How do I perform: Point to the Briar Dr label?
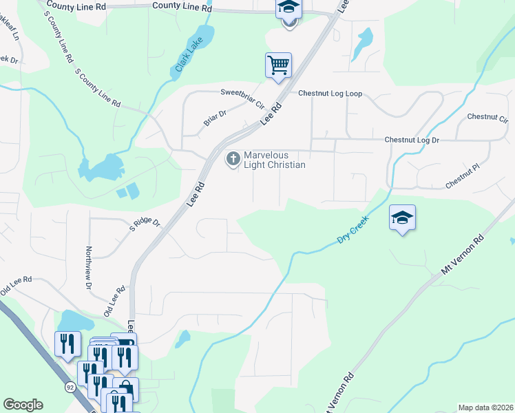pos(215,119)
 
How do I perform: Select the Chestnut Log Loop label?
pos(330,94)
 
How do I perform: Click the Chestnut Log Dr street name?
pos(412,140)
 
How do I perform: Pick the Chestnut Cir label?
pos(487,116)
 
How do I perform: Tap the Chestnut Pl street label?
pos(461,178)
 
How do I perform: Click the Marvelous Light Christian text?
pos(274,160)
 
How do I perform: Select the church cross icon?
pos(233,160)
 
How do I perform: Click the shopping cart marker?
pos(279,65)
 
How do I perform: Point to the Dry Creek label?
pos(353,230)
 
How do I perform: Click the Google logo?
pos(23,405)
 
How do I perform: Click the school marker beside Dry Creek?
pos(402,219)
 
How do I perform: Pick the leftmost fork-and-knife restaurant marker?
pos(67,343)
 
